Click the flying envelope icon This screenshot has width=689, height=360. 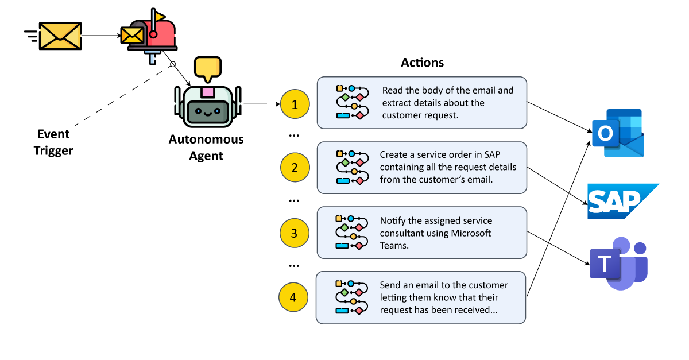[59, 36]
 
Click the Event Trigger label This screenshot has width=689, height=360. [53, 142]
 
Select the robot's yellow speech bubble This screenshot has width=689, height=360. [207, 68]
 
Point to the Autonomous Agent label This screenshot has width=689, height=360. [206, 147]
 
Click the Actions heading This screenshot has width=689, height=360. [422, 63]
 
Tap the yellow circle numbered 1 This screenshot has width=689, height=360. [295, 104]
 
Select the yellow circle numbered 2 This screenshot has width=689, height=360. [295, 168]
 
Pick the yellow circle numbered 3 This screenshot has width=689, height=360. [294, 233]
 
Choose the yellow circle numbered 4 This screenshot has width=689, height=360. [293, 297]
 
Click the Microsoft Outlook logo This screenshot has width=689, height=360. [619, 133]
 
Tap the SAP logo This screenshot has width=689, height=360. [621, 202]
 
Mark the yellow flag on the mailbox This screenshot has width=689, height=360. [158, 16]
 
